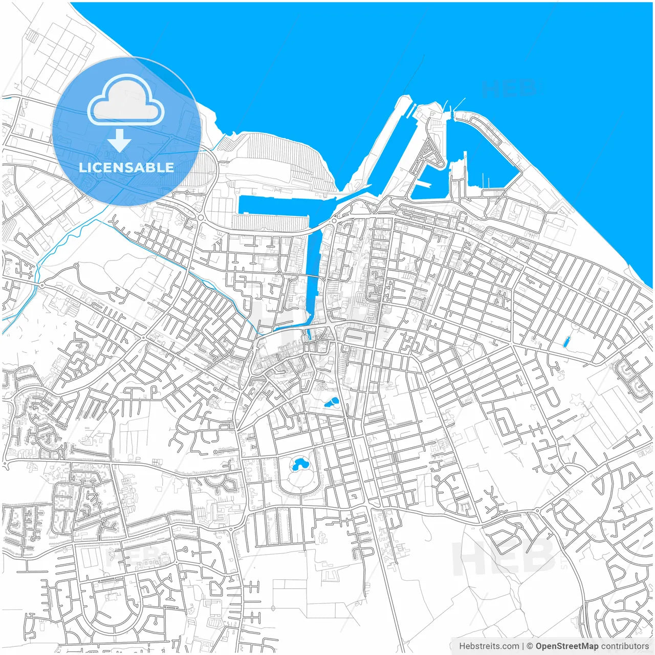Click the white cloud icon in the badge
[x=126, y=100]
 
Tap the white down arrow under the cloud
[x=119, y=141]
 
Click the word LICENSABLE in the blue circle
[x=126, y=167]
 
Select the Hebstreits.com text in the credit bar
[x=489, y=646]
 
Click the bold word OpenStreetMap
[x=567, y=646]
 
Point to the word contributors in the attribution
[x=624, y=646]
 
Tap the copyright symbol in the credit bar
[x=530, y=646]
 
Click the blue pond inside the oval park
[x=298, y=465]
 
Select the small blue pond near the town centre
[x=332, y=403]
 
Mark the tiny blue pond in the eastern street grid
[x=566, y=342]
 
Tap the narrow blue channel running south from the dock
[x=313, y=276]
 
